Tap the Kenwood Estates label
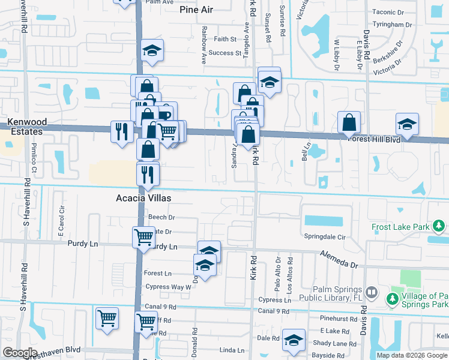pyautogui.click(x=25, y=127)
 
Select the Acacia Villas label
pyautogui.click(x=143, y=198)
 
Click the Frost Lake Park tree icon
pyautogui.click(x=439, y=226)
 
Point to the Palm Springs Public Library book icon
pyautogui.click(x=372, y=293)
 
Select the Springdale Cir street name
pyautogui.click(x=325, y=237)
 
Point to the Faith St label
pyautogui.click(x=226, y=39)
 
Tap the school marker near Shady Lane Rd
pyautogui.click(x=294, y=340)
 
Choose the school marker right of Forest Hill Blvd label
pyautogui.click(x=407, y=125)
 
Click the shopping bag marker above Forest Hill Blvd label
pyautogui.click(x=349, y=122)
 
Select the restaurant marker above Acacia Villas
pyautogui.click(x=148, y=175)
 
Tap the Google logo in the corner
pyautogui.click(x=20, y=353)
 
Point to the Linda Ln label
pyautogui.click(x=232, y=350)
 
